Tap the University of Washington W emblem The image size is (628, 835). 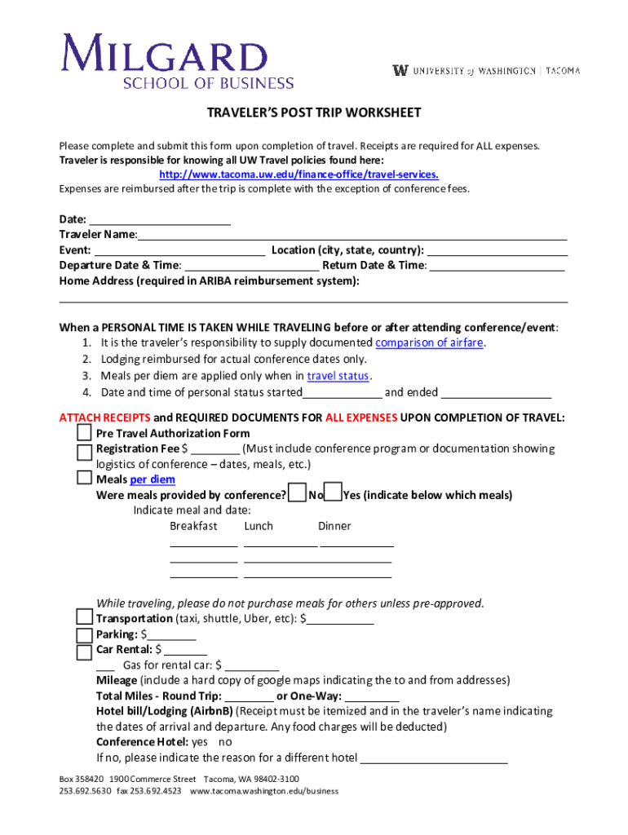pyautogui.click(x=400, y=70)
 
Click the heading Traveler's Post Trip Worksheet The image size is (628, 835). pyautogui.click(x=313, y=113)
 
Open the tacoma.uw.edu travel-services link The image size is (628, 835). pyautogui.click(x=299, y=175)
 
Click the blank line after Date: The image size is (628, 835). pyautogui.click(x=160, y=220)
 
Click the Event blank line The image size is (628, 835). pyautogui.click(x=179, y=250)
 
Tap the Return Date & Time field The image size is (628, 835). pyautogui.click(x=497, y=265)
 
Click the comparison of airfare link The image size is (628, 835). pyautogui.click(x=429, y=342)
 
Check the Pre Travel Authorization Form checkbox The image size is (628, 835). pyautogui.click(x=85, y=432)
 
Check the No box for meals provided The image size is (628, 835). pyautogui.click(x=299, y=493)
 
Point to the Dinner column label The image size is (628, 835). pyautogui.click(x=334, y=526)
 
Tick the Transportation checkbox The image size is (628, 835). pyautogui.click(x=85, y=617)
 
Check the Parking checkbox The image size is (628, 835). pyautogui.click(x=85, y=635)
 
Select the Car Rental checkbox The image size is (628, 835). pyautogui.click(x=85, y=652)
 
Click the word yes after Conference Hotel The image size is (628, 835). pyautogui.click(x=199, y=742)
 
